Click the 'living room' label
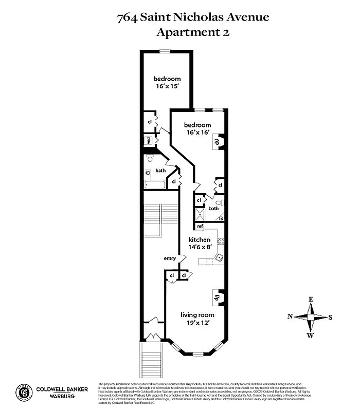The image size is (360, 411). click(x=197, y=314)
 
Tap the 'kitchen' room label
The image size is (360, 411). click(x=199, y=240)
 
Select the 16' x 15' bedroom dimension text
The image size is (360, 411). click(x=167, y=86)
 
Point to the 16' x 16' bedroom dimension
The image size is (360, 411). click(x=197, y=133)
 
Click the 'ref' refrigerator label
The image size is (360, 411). click(x=200, y=227)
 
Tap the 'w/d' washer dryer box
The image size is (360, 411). click(x=148, y=140)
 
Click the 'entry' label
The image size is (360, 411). click(x=170, y=258)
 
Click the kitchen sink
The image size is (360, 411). click(x=219, y=257)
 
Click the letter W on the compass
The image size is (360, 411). click(x=311, y=336)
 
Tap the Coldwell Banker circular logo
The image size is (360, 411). click(x=23, y=393)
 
